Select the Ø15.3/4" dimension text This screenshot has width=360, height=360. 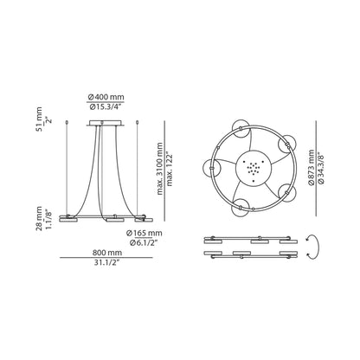[106, 106]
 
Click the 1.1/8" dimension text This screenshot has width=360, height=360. [49, 215]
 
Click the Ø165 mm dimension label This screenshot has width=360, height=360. [143, 234]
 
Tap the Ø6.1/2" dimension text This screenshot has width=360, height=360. [143, 243]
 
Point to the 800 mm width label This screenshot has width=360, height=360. [103, 254]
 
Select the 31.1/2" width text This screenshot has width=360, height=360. [103, 265]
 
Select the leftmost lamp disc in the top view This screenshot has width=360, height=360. [209, 166]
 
